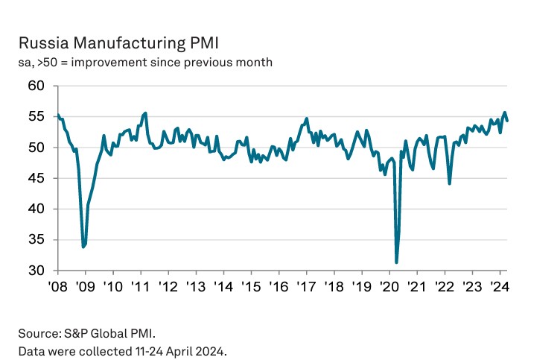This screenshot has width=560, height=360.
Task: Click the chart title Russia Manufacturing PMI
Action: point(118,42)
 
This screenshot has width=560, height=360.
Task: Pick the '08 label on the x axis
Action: point(58,286)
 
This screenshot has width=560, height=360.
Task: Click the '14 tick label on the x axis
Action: point(223,286)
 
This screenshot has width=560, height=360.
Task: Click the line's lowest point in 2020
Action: point(396,262)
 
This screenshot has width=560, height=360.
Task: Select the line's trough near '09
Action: point(83,247)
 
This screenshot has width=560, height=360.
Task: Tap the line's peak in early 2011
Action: point(145,113)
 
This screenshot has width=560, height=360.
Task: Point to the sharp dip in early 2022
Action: point(449,183)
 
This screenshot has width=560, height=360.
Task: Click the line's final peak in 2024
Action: point(505,113)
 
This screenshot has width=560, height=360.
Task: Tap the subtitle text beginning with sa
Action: point(145,62)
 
